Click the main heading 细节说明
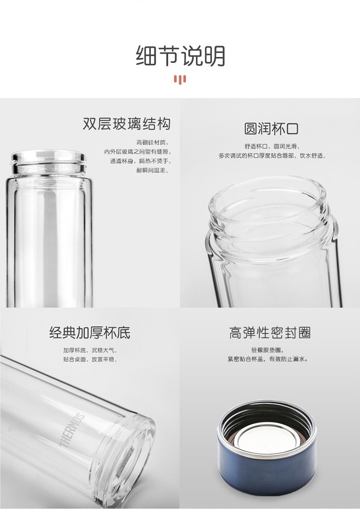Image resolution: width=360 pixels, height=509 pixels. [180, 56]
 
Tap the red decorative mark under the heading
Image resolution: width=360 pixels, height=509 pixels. [180, 80]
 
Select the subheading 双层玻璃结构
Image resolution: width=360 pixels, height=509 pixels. [127, 124]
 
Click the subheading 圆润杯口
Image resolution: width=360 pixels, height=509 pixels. [271, 129]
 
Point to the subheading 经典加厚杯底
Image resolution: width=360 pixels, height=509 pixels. [90, 333]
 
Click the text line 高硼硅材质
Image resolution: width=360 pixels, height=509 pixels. [153, 142]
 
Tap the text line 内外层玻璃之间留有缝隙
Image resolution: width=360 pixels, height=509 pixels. [138, 152]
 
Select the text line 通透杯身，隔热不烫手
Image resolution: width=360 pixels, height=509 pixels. [140, 161]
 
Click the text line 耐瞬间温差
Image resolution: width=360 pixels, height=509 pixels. [153, 170]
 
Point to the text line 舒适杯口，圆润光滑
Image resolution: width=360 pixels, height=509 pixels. [272, 146]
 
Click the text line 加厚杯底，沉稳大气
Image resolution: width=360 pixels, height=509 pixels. [90, 350]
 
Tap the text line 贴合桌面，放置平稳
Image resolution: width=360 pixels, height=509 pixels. [90, 360]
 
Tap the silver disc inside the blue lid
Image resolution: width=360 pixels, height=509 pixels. [267, 440]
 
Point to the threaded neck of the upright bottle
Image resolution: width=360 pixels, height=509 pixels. [49, 163]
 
